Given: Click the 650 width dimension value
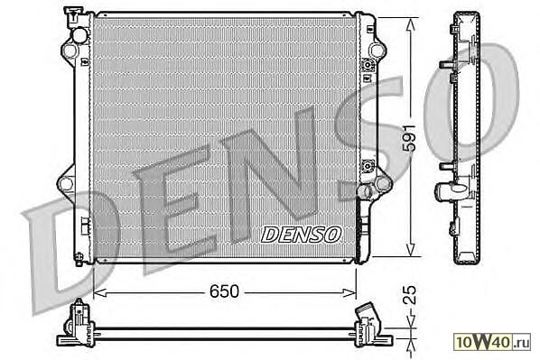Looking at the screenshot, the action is [x=224, y=291].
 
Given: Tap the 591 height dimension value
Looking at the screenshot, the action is [x=410, y=138].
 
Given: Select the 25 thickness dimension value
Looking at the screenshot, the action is [x=409, y=295].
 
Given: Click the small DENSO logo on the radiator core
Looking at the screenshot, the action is [x=301, y=235].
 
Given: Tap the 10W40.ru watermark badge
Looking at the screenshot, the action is [x=492, y=342].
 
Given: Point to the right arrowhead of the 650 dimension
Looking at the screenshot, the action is [x=349, y=293].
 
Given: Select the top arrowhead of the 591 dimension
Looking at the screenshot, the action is [x=410, y=25].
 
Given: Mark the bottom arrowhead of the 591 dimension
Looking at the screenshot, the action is [x=410, y=249].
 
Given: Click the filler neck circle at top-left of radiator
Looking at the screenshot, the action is [x=79, y=35].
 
